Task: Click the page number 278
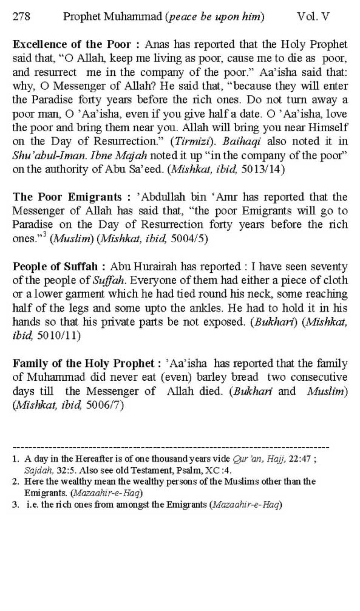click(x=21, y=17)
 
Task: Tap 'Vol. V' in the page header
click(x=313, y=17)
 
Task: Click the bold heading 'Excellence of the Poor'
click(x=72, y=44)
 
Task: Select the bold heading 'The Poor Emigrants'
click(x=67, y=197)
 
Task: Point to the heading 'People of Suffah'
click(x=55, y=267)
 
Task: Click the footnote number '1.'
click(x=16, y=459)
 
